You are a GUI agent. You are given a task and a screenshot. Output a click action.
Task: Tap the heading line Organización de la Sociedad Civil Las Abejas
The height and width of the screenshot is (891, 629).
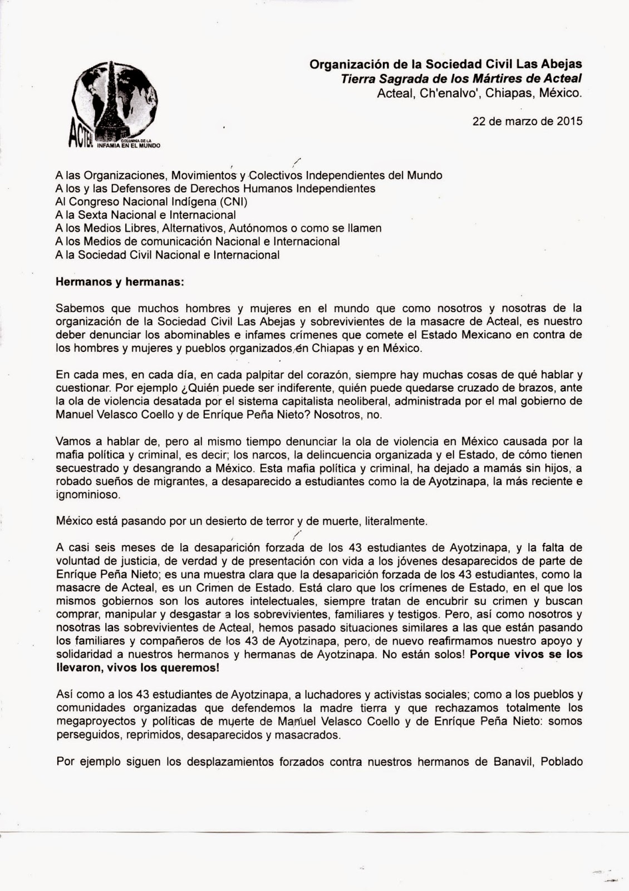446,65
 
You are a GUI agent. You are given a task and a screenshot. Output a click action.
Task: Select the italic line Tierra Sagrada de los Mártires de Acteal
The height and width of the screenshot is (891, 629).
461,79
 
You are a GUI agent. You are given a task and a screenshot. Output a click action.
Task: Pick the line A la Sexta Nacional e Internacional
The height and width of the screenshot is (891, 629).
146,215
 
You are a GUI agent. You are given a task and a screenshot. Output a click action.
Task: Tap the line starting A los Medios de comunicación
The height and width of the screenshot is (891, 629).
198,242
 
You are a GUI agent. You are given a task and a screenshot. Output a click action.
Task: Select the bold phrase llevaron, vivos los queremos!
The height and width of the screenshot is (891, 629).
137,668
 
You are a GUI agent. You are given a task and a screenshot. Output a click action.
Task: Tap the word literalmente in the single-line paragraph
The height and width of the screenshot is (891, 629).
396,521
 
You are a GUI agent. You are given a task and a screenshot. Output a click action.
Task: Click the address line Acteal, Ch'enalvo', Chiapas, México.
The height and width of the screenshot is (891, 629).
479,94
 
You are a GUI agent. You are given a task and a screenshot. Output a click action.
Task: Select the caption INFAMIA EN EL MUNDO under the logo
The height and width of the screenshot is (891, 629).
128,146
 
